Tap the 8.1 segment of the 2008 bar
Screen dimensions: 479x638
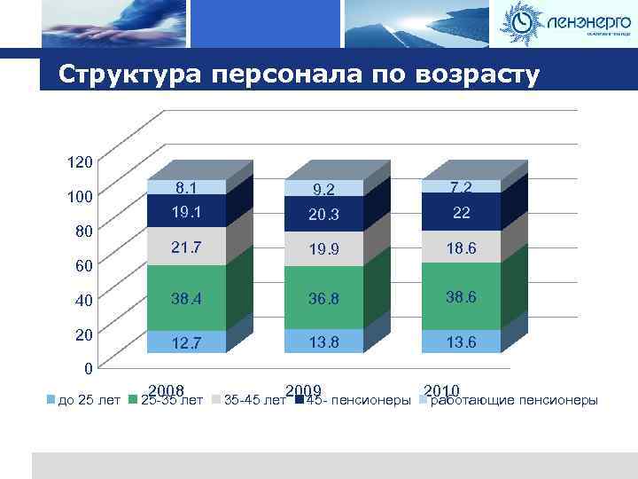(186, 187)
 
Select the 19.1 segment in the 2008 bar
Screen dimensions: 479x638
(186, 211)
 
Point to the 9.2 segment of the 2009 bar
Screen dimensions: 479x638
(324, 188)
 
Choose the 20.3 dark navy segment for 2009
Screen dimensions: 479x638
(324, 214)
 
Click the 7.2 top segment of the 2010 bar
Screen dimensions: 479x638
(462, 186)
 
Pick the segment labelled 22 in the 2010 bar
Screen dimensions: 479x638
(462, 211)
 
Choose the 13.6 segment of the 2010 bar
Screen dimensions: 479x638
(462, 342)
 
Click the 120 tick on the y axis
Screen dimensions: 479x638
(79, 163)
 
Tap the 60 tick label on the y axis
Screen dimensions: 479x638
(82, 264)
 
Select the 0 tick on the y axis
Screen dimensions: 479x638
(87, 367)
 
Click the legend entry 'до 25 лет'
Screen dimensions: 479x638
(84, 401)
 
